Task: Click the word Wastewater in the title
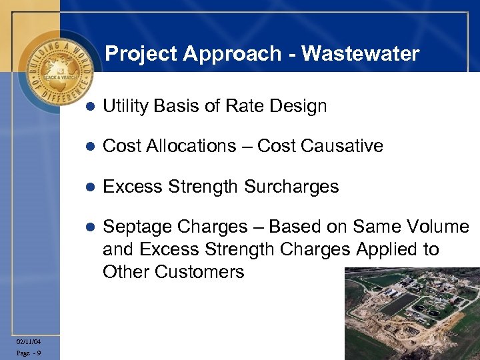360,53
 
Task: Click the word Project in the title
140,53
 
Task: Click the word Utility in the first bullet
125,106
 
